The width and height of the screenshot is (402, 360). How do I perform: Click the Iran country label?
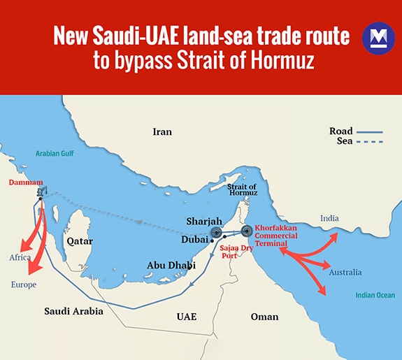tap(162, 131)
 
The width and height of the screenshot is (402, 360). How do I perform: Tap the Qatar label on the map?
tap(80, 240)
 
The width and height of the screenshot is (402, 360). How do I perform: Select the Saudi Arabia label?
tap(73, 311)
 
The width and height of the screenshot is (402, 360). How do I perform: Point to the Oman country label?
tap(264, 317)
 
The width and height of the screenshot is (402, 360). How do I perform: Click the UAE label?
tap(186, 317)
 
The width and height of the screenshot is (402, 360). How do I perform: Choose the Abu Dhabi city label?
tap(171, 265)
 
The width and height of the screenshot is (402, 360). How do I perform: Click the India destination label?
tap(329, 219)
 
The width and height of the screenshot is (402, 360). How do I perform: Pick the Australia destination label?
tap(345, 272)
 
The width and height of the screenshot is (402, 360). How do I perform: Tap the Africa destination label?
tap(20, 257)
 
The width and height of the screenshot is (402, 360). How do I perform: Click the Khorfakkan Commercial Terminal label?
tap(277, 236)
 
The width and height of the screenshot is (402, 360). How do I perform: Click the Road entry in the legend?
tap(343, 131)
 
